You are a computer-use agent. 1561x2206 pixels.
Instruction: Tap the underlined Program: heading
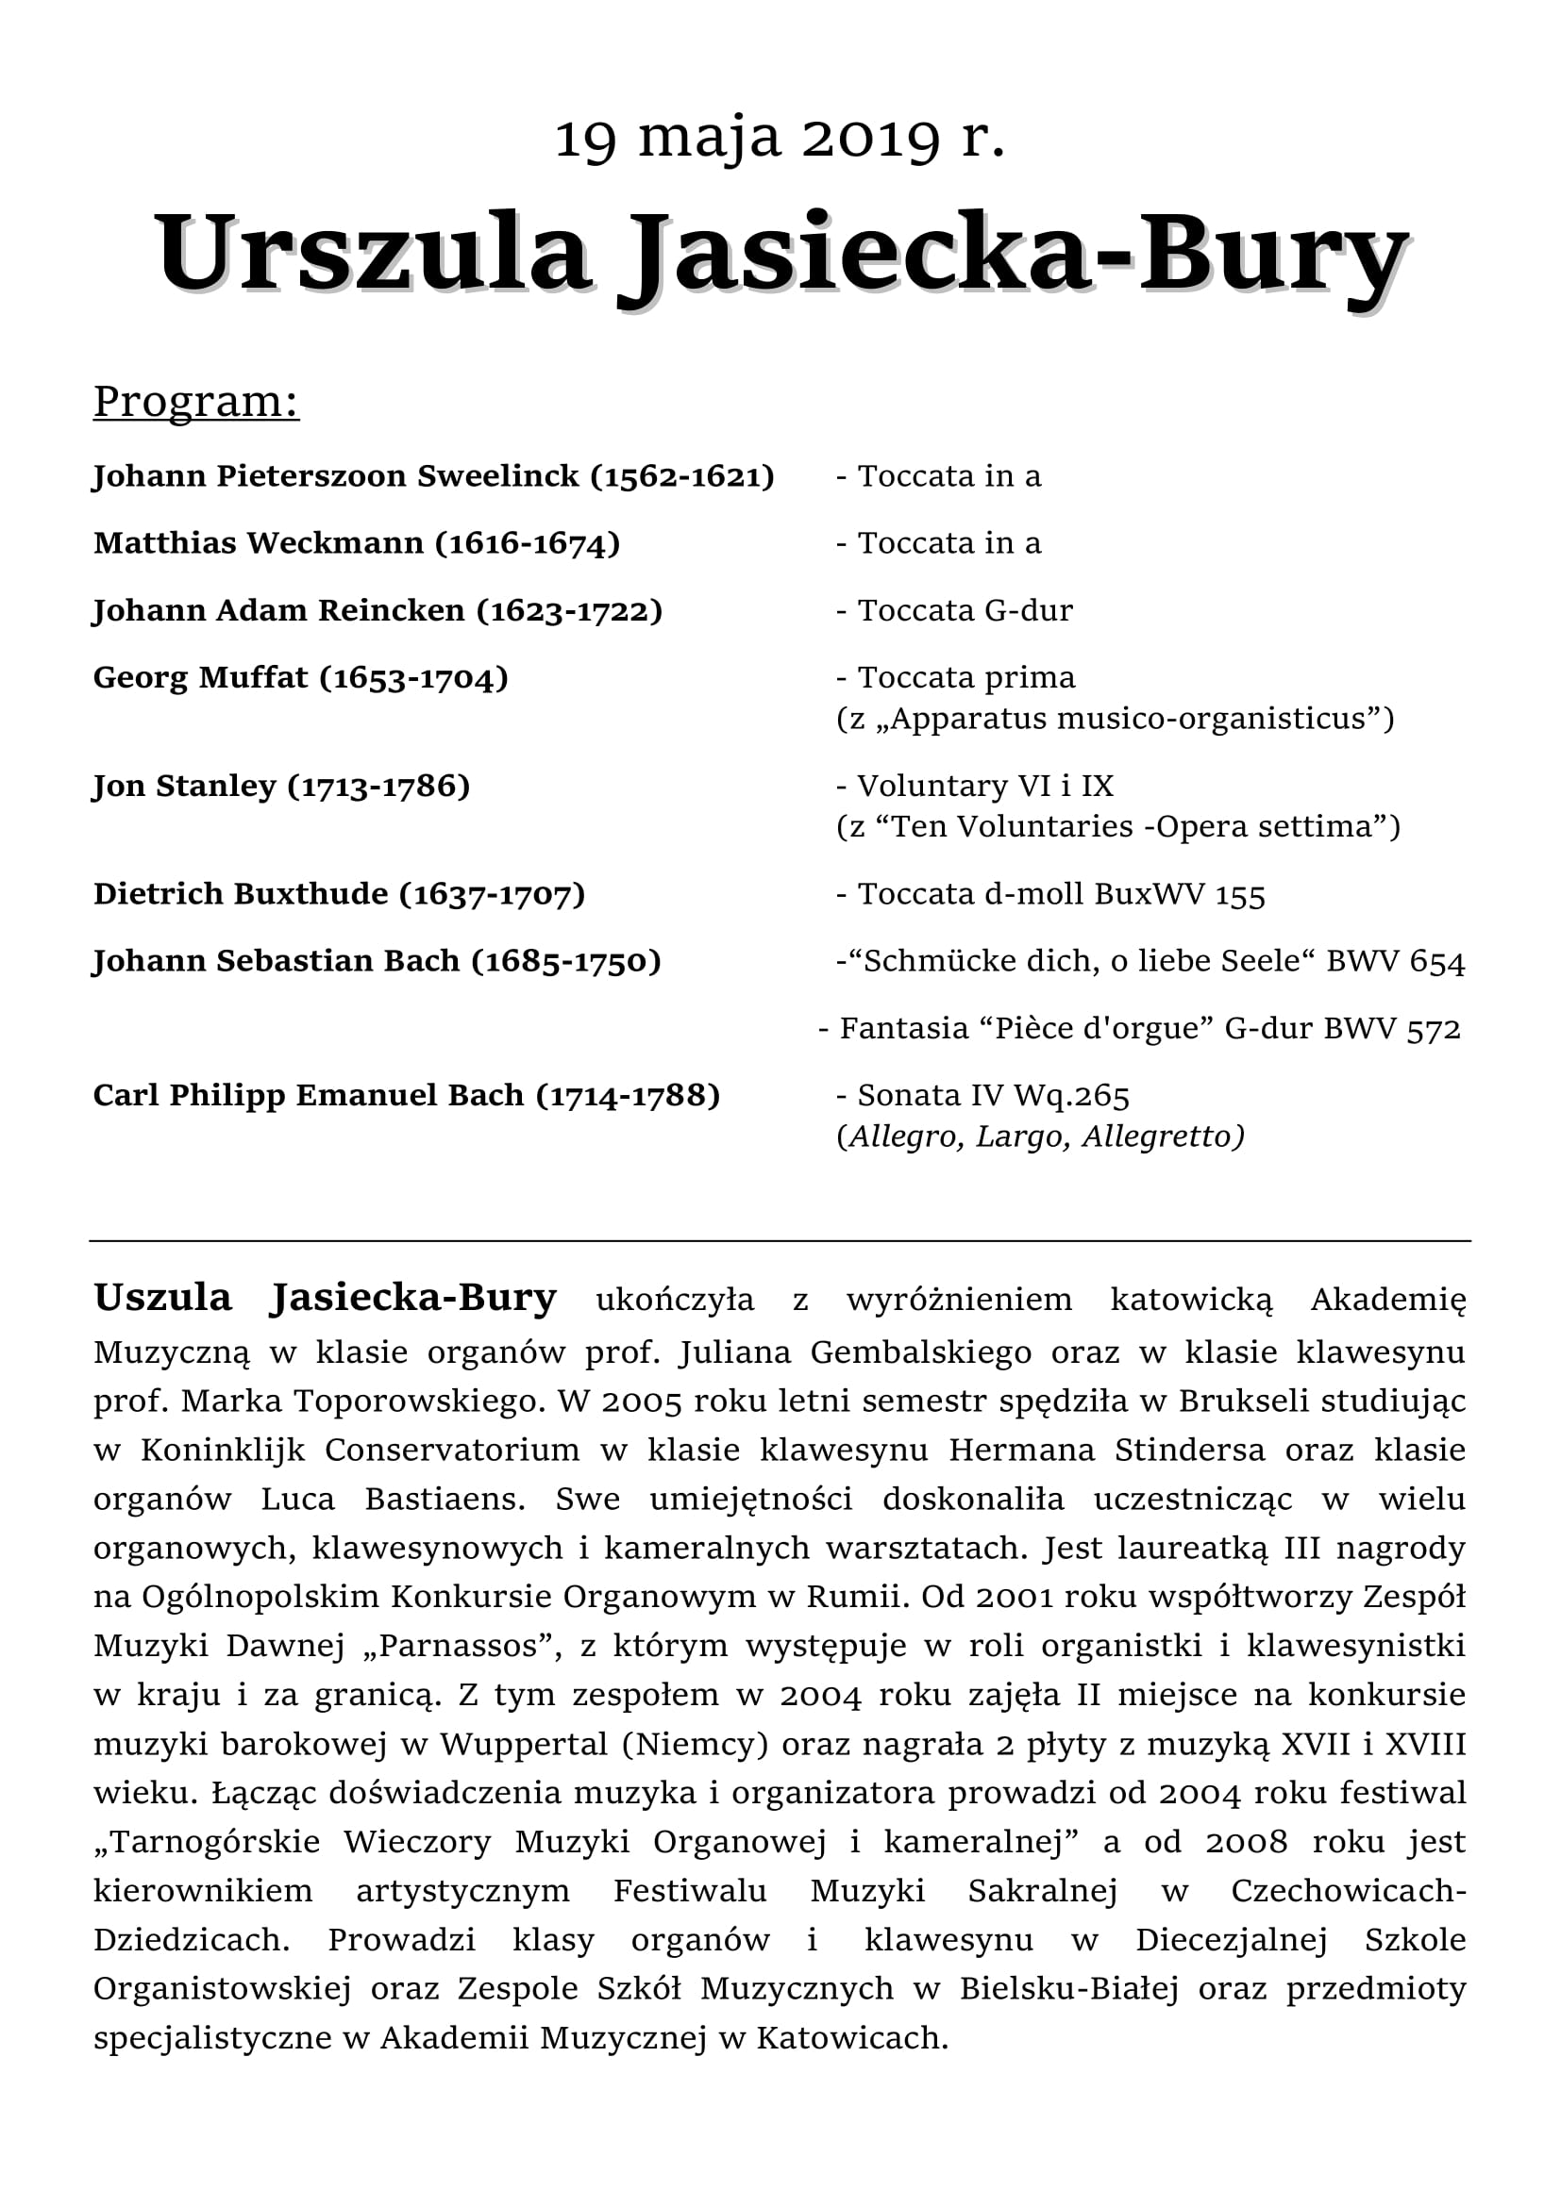click(x=196, y=401)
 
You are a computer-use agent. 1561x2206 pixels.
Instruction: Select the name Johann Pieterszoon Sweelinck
click(x=335, y=476)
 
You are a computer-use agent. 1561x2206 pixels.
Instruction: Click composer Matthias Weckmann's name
click(x=259, y=544)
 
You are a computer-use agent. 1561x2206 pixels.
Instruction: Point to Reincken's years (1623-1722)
click(x=570, y=611)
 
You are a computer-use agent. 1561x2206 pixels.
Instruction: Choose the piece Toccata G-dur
click(x=965, y=611)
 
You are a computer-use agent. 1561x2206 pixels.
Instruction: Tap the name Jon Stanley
click(x=185, y=786)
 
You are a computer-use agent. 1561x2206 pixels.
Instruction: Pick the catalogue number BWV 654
click(x=1396, y=962)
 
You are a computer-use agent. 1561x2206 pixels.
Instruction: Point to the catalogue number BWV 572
click(x=1392, y=1029)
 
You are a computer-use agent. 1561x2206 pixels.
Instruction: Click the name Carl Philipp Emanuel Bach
click(x=308, y=1095)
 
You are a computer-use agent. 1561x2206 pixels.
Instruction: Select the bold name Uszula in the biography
click(x=162, y=1298)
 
